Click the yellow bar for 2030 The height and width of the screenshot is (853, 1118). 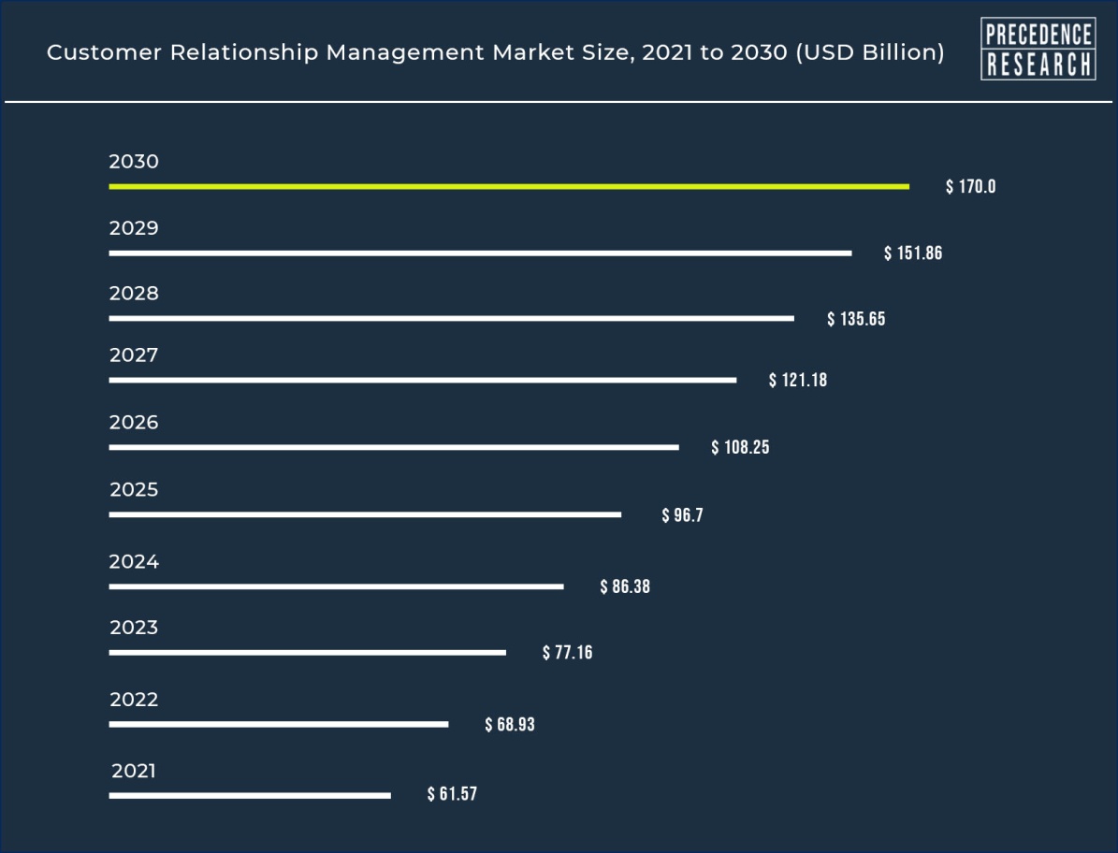(x=508, y=187)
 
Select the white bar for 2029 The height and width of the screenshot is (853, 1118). (x=480, y=253)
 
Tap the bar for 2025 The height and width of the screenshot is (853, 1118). (x=365, y=514)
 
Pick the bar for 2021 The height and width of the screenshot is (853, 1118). (x=249, y=796)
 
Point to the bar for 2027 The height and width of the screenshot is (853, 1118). (x=422, y=381)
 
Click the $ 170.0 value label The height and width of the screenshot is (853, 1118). (x=970, y=187)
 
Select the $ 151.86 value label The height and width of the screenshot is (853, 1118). (x=913, y=253)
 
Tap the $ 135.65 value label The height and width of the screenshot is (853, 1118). (x=856, y=320)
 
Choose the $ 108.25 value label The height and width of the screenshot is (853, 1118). (x=740, y=448)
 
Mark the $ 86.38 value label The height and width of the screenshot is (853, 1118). (x=625, y=587)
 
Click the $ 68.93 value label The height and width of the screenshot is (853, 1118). (x=510, y=725)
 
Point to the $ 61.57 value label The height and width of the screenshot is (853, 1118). (x=452, y=795)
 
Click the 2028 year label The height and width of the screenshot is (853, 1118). (x=134, y=294)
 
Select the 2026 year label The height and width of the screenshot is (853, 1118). (x=134, y=423)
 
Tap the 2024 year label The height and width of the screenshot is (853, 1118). (x=134, y=562)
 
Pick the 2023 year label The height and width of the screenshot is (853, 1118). (x=134, y=628)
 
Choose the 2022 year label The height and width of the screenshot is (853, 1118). (x=134, y=700)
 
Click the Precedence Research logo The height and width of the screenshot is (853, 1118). (x=1038, y=49)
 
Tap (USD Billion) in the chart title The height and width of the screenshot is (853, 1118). (x=869, y=53)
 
